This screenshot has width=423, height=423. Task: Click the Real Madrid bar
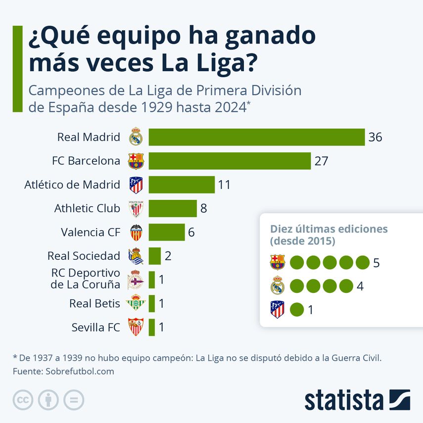click(x=256, y=137)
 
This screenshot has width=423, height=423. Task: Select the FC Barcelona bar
click(x=230, y=161)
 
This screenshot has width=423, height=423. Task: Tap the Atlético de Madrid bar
click(x=182, y=185)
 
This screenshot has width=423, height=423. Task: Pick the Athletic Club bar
click(x=173, y=208)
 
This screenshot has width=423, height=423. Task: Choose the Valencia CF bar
click(x=167, y=232)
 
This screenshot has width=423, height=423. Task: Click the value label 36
click(x=375, y=137)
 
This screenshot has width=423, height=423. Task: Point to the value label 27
click(x=321, y=161)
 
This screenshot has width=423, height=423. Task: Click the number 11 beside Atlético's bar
click(x=224, y=185)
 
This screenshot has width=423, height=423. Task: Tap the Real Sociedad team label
click(x=84, y=256)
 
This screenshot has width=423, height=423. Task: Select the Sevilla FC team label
click(x=95, y=327)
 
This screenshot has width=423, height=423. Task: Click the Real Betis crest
click(x=136, y=303)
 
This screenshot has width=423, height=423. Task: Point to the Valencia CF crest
click(x=136, y=232)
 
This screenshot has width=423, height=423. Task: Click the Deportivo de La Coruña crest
click(x=136, y=280)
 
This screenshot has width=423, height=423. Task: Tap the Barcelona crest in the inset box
click(x=277, y=262)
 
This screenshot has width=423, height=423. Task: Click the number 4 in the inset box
click(x=360, y=286)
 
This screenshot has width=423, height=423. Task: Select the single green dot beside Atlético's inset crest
click(x=297, y=310)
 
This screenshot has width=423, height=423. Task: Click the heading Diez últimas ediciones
click(x=329, y=229)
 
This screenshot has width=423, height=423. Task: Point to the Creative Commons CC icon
click(x=23, y=400)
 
